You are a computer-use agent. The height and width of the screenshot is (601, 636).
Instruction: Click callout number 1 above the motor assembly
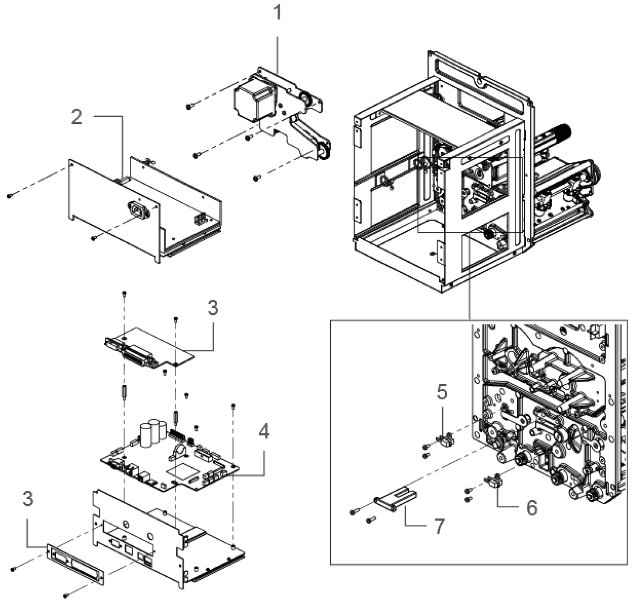277,13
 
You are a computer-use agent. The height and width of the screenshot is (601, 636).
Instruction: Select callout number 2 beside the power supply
77,117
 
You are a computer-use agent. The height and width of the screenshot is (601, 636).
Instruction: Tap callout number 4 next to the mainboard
264,431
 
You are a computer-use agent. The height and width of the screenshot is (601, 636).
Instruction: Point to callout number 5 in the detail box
442,392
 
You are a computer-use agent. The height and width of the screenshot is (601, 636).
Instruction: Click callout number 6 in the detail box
532,508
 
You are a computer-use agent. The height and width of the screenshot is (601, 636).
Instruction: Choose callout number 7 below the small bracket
439,526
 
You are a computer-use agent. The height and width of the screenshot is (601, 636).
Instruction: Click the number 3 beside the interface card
213,308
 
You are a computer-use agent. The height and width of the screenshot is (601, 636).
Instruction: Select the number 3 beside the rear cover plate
28,498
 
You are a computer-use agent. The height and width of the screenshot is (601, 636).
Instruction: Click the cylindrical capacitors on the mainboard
151,432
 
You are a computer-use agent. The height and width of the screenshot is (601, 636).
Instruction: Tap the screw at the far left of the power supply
10,195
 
